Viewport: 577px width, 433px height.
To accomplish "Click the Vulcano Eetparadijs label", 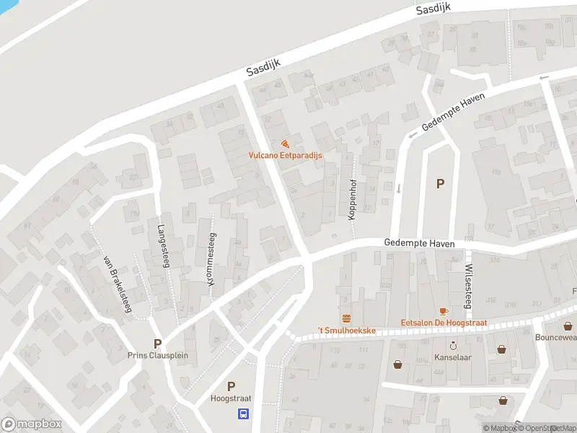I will coord(285,155).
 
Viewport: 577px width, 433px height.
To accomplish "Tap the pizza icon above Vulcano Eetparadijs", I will coord(286,144).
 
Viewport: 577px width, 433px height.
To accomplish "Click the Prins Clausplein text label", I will coord(157,355).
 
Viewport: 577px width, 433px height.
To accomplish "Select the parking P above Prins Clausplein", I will coord(157,344).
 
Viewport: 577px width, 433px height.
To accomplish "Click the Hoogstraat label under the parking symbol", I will coord(231,398).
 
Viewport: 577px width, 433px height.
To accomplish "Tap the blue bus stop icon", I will coord(244,414).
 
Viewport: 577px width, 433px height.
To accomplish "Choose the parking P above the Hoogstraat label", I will coord(231,387).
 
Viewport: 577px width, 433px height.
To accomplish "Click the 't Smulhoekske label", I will coord(347,330).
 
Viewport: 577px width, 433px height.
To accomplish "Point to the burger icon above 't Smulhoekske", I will coord(346,318).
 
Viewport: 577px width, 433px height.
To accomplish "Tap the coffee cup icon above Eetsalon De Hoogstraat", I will coord(443,311).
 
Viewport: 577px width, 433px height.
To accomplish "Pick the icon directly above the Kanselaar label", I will coord(453,346).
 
